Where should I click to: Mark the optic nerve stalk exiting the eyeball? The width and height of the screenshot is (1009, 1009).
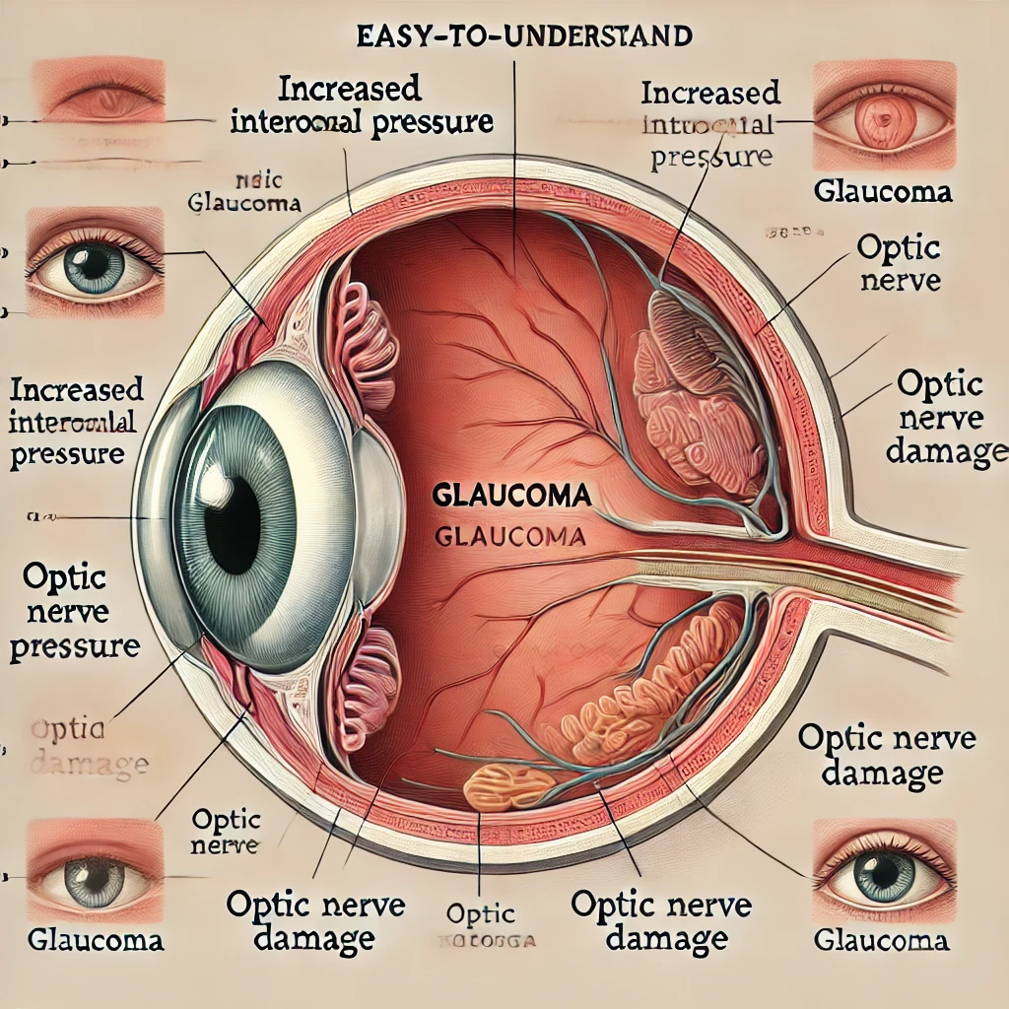coord(887,581)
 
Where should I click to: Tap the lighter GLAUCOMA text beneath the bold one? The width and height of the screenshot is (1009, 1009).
coord(510,538)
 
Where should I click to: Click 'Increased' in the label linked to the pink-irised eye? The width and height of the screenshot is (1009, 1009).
coord(709,94)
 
